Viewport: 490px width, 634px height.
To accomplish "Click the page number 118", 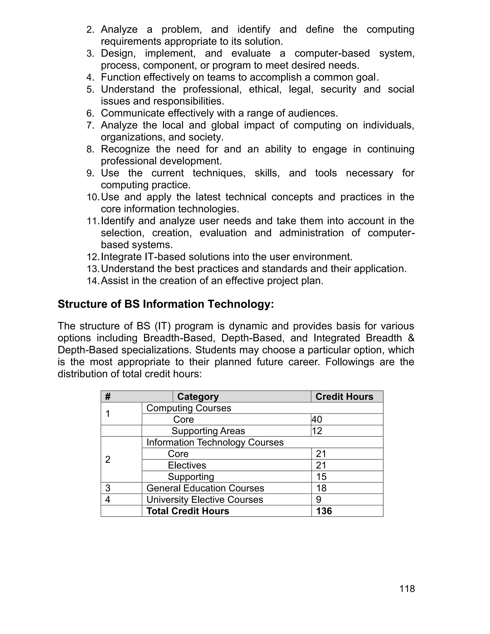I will [x=407, y=589].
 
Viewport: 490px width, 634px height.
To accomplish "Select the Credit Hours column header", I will [x=344, y=396].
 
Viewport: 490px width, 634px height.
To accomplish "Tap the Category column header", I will [x=198, y=396].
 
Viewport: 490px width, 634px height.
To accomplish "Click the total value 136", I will [x=324, y=511].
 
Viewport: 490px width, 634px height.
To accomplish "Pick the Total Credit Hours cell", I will [x=188, y=511].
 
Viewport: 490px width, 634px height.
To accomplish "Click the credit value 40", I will [x=317, y=419].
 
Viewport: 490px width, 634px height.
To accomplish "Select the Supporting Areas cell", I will [x=208, y=431].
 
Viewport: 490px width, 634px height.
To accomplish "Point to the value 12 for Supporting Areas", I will [x=317, y=431].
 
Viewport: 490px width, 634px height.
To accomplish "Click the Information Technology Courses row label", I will [x=215, y=442].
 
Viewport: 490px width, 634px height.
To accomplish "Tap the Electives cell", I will [x=187, y=465].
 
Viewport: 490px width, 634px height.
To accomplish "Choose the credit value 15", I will [x=321, y=477].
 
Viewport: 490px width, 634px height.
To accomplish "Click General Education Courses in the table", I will [x=205, y=488].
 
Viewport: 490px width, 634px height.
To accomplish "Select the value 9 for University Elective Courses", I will [x=318, y=500].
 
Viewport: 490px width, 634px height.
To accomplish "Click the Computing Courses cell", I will [x=189, y=408].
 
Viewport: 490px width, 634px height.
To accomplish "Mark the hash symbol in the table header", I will [x=108, y=396].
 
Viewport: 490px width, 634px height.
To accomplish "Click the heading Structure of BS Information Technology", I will [x=166, y=304].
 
